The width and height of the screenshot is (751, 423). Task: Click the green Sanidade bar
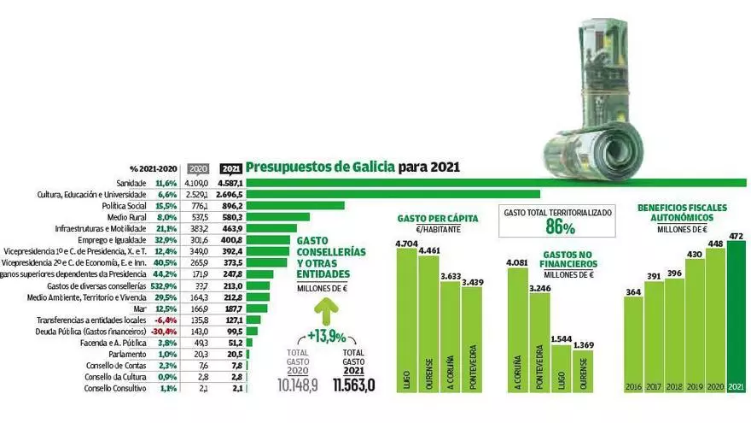coord(495,183)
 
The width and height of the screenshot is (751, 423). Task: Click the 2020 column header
coord(198,169)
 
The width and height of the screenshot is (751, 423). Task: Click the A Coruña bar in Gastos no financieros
coord(516,333)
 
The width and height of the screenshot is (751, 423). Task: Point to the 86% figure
coord(559,227)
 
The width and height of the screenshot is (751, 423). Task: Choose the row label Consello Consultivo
coord(115,389)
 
